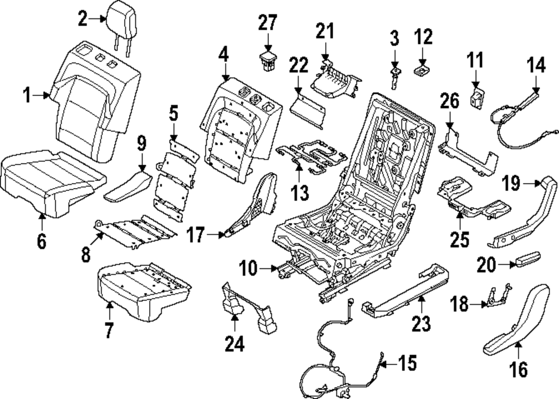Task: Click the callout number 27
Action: pos(267,24)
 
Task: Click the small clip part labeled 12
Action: pos(421,70)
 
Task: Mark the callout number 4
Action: pos(224,54)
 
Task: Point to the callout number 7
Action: pos(108,330)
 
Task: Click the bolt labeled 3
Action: pos(395,75)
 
